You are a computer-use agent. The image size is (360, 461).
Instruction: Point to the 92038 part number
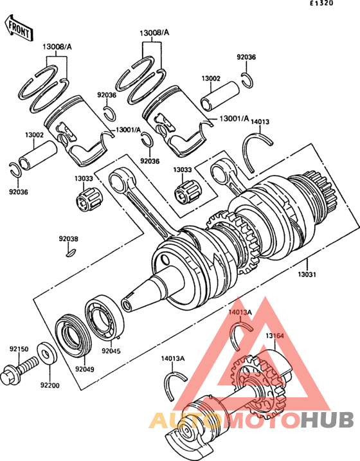click(69, 239)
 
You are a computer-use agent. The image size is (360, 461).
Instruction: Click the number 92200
click(50, 386)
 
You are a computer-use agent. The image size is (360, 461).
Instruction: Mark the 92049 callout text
click(85, 369)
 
